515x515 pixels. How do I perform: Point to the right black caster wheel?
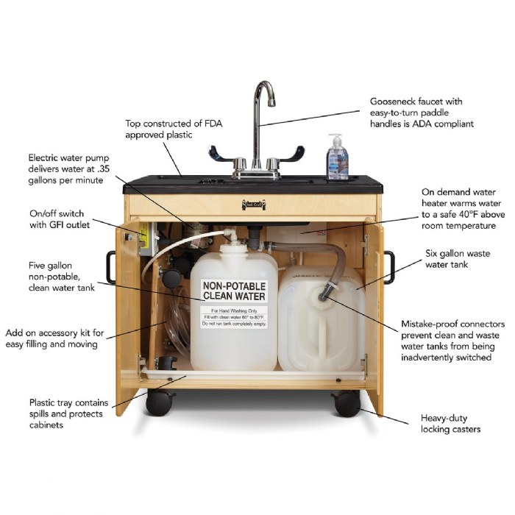[x=345, y=404]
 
